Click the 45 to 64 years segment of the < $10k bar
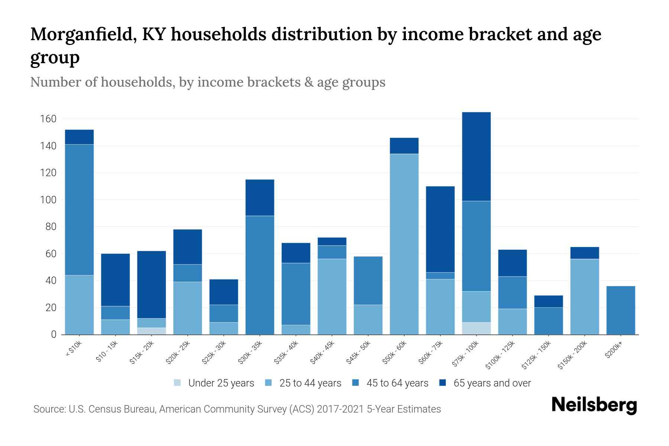point(79,210)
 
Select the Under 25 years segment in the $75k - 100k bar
point(476,328)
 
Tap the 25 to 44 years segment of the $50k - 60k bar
point(404,244)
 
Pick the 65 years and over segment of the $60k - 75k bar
point(440,229)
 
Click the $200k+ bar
point(620,310)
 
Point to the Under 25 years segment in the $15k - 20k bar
point(151,331)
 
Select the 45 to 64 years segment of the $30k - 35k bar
point(260,275)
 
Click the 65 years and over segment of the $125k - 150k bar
point(548,301)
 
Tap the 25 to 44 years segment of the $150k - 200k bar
point(584,297)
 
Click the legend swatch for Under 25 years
point(178,383)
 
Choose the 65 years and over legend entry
point(492,383)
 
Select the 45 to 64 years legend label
point(397,383)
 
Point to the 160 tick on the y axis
point(48,119)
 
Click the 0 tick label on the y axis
point(54,334)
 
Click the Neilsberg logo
point(594,405)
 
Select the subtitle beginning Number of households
point(207,82)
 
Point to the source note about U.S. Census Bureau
point(237,409)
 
